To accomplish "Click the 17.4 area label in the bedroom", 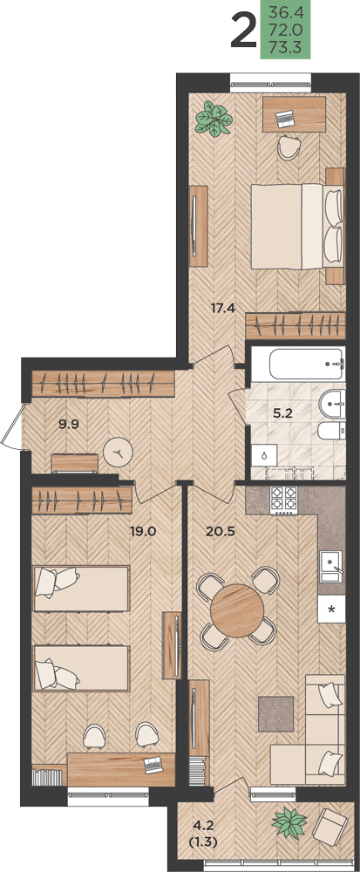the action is [222, 306].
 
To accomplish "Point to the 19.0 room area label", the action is [143, 530].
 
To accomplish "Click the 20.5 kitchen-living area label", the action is [221, 530].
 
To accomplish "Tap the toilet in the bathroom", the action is [331, 432].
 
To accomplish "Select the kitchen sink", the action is [332, 567].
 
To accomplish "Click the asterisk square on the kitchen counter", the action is [331, 609].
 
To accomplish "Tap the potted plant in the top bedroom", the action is [214, 118].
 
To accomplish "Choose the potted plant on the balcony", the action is [290, 823].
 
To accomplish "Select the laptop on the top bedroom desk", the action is [285, 119].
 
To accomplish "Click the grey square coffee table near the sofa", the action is [275, 713].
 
